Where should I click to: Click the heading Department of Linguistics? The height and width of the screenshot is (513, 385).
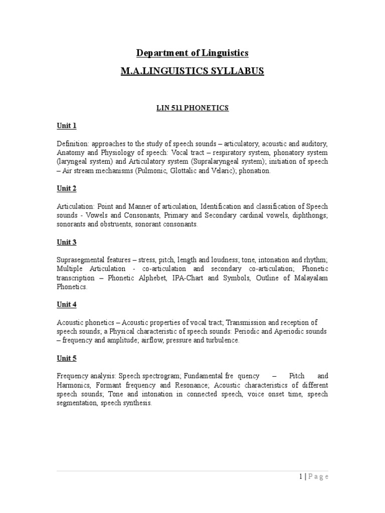click(x=192, y=53)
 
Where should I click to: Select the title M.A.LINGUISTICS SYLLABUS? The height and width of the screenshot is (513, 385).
click(x=192, y=71)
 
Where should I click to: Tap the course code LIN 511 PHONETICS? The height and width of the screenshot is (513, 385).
click(x=192, y=108)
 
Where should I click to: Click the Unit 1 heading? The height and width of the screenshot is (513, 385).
click(x=66, y=126)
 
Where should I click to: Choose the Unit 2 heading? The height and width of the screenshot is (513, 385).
click(x=66, y=188)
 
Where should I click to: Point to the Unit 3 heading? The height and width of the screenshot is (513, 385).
click(x=66, y=242)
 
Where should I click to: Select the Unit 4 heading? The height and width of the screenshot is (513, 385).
click(x=66, y=305)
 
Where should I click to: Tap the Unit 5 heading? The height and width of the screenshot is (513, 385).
click(x=66, y=358)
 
